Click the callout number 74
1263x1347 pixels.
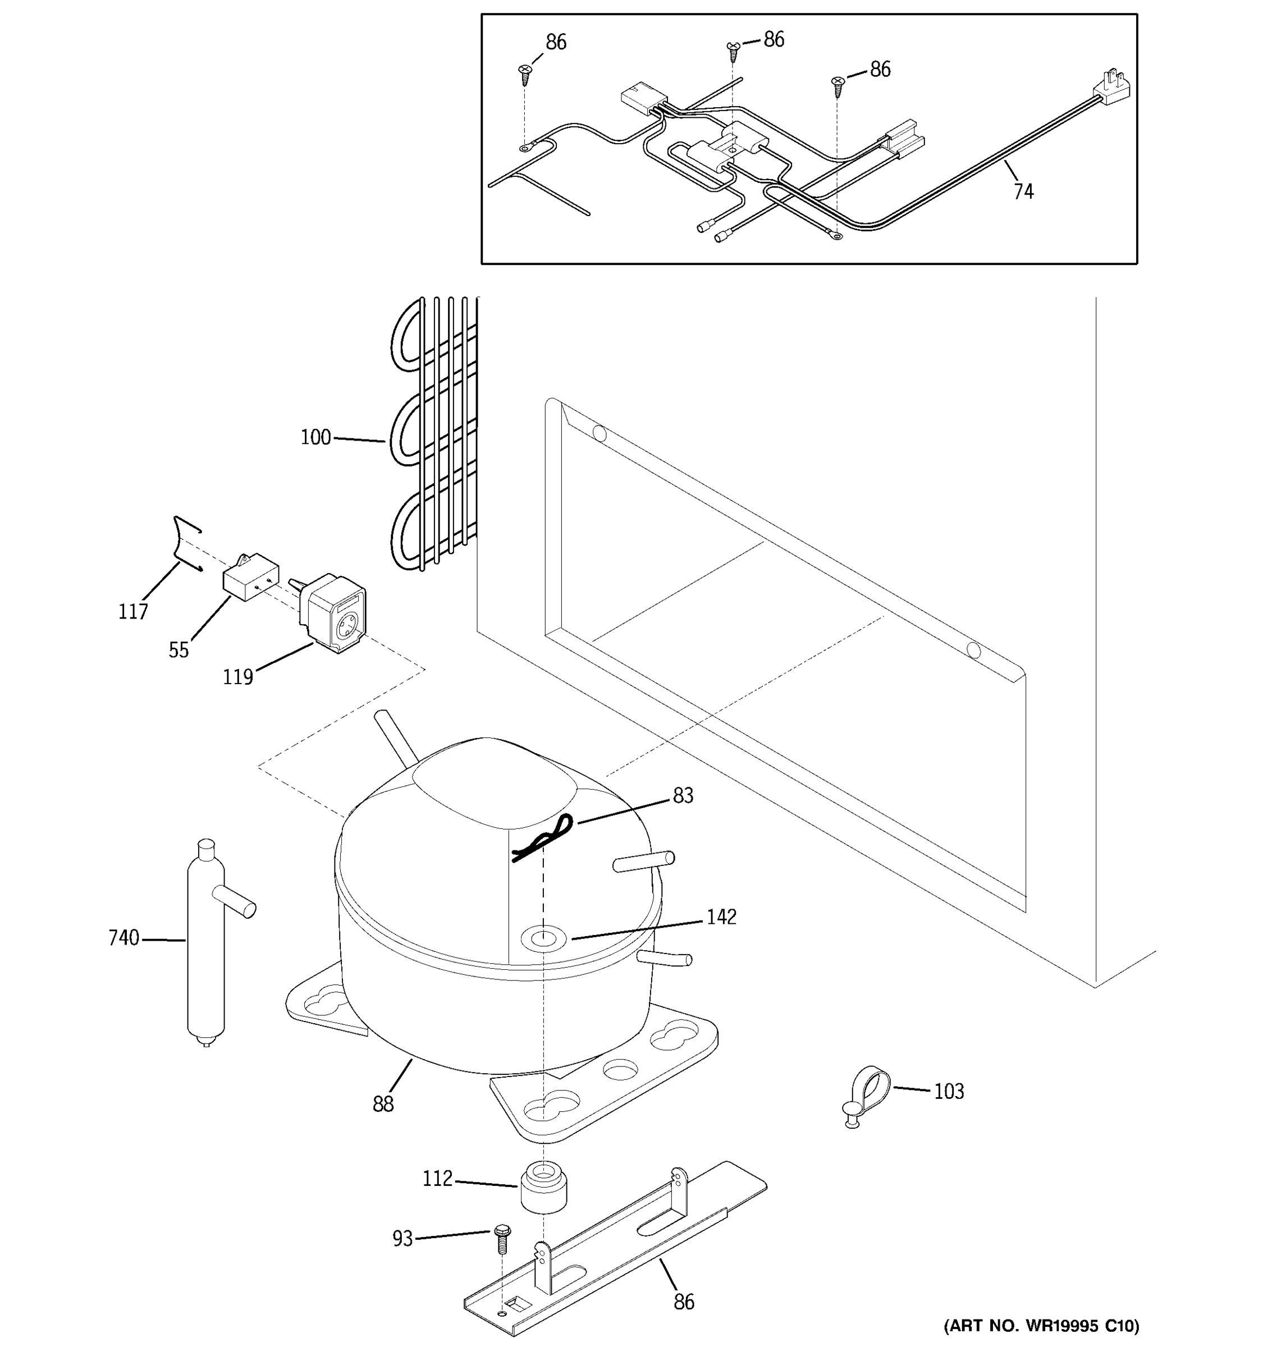1023,192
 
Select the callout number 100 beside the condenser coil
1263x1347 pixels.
315,438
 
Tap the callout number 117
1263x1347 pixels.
133,612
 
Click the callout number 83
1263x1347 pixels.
683,795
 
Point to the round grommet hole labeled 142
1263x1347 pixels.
542,939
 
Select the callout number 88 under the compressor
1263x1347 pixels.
383,1105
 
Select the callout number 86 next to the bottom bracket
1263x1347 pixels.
684,1302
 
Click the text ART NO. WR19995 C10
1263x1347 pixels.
1041,1325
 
